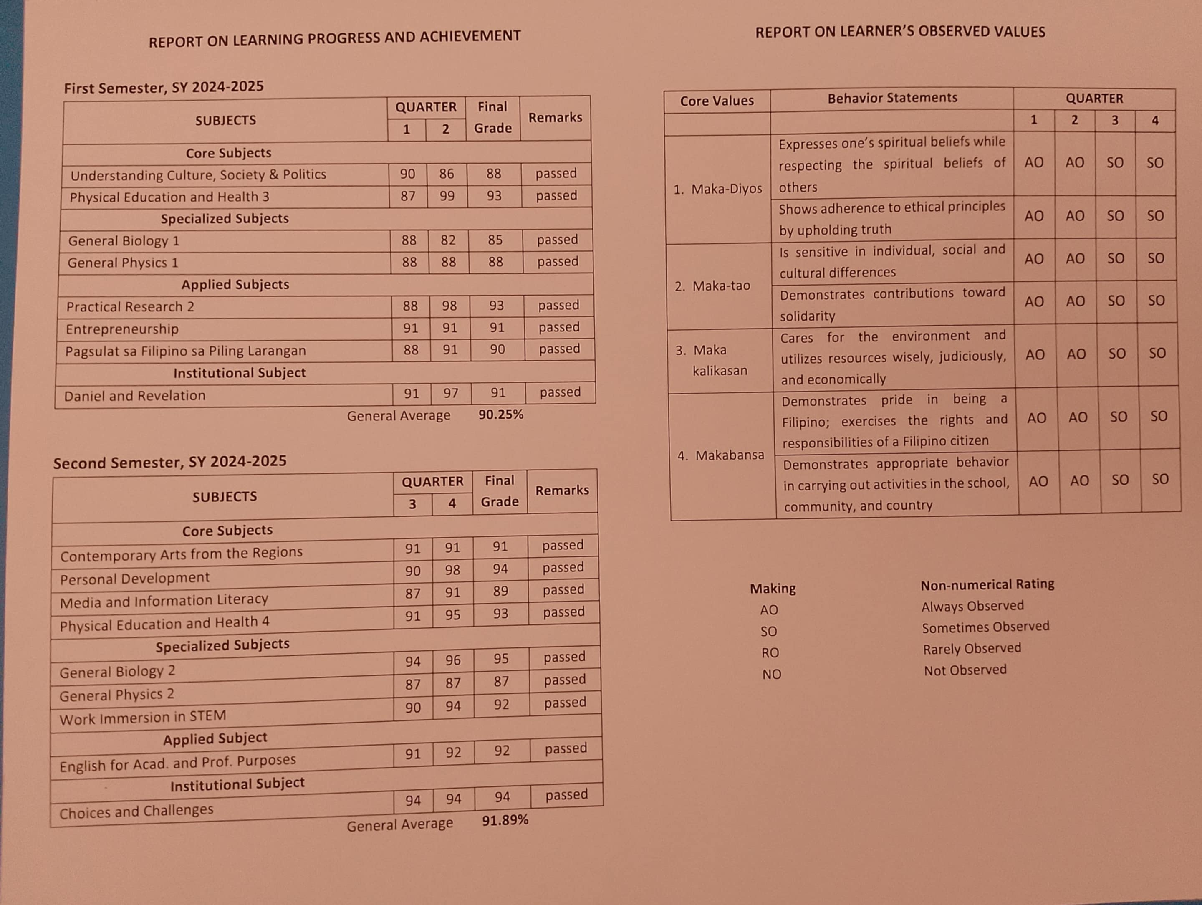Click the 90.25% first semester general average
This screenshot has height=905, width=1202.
click(x=500, y=415)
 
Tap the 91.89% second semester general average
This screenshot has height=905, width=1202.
click(x=505, y=820)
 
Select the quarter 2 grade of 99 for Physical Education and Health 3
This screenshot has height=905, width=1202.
click(x=447, y=196)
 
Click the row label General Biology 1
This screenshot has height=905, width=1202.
click(x=124, y=241)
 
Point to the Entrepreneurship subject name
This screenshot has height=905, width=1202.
click(x=122, y=329)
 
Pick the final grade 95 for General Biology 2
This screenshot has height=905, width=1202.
click(x=501, y=659)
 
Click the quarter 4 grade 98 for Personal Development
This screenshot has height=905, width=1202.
click(x=453, y=570)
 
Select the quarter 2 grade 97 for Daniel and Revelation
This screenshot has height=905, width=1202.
click(x=450, y=393)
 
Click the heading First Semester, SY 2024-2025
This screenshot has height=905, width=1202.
click(x=164, y=87)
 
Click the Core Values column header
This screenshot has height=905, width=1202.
click(x=717, y=101)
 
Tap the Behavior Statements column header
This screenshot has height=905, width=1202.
click(x=892, y=98)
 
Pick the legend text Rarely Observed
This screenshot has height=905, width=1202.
click(x=972, y=648)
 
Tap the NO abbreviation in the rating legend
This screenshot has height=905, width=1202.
click(x=771, y=675)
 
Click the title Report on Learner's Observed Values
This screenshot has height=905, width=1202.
click(x=900, y=32)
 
